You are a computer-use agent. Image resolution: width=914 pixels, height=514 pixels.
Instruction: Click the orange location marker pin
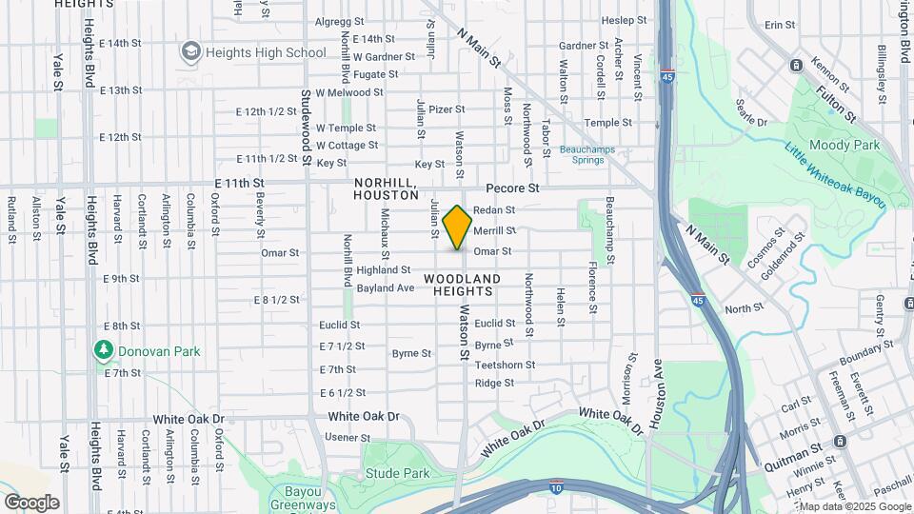tap(458, 227)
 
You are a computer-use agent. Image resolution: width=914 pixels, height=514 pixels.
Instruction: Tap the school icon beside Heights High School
tap(191, 50)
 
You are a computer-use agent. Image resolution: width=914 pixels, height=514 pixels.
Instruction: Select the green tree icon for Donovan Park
tap(103, 350)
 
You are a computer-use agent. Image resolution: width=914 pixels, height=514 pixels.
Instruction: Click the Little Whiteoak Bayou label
tap(835, 175)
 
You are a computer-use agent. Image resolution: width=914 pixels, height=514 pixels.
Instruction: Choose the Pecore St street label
tap(512, 188)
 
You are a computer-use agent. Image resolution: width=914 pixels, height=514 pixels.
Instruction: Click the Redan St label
tap(494, 209)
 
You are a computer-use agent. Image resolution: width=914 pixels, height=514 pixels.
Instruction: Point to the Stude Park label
tap(397, 473)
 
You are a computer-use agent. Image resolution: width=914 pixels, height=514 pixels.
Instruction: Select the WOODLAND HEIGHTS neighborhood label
tap(462, 285)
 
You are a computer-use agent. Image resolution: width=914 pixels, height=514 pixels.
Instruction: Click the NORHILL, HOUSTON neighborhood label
tap(386, 188)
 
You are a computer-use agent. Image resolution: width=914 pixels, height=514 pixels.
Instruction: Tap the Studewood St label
tap(306, 127)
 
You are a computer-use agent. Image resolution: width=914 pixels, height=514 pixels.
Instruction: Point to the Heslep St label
tap(625, 20)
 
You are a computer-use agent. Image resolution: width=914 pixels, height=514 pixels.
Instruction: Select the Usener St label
tap(347, 437)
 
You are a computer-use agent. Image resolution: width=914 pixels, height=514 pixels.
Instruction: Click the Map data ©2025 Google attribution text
tap(854, 506)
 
